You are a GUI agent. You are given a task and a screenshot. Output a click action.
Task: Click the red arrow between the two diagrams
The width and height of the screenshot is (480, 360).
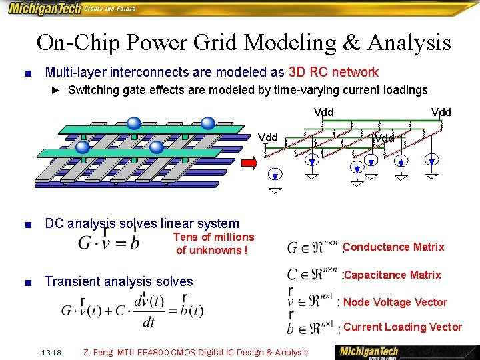[x=249, y=163]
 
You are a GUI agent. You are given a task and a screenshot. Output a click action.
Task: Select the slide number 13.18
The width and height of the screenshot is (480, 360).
[x=51, y=352]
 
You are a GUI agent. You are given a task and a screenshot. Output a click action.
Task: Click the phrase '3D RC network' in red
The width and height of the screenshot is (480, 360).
[x=333, y=72]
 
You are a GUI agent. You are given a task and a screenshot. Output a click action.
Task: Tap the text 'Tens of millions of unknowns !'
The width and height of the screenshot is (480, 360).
[x=213, y=243]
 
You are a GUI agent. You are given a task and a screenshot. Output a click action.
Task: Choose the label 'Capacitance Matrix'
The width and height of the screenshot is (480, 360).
[x=393, y=275]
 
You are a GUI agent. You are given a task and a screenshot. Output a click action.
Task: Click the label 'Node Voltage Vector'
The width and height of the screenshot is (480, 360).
[x=395, y=302]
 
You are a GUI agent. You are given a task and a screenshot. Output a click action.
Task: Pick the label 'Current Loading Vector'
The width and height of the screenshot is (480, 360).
[x=403, y=327]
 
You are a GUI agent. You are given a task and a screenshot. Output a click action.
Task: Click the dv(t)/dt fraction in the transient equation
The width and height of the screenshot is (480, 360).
[x=149, y=310]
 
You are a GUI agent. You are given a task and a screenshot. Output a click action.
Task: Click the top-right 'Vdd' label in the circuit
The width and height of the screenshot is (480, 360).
[x=441, y=112]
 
